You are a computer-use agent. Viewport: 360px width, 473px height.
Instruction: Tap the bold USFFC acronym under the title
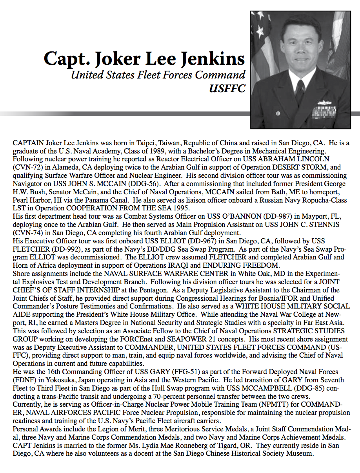227,88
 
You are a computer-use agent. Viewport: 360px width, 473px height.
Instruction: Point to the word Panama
95,201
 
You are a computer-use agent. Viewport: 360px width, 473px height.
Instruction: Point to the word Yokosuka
60,380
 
